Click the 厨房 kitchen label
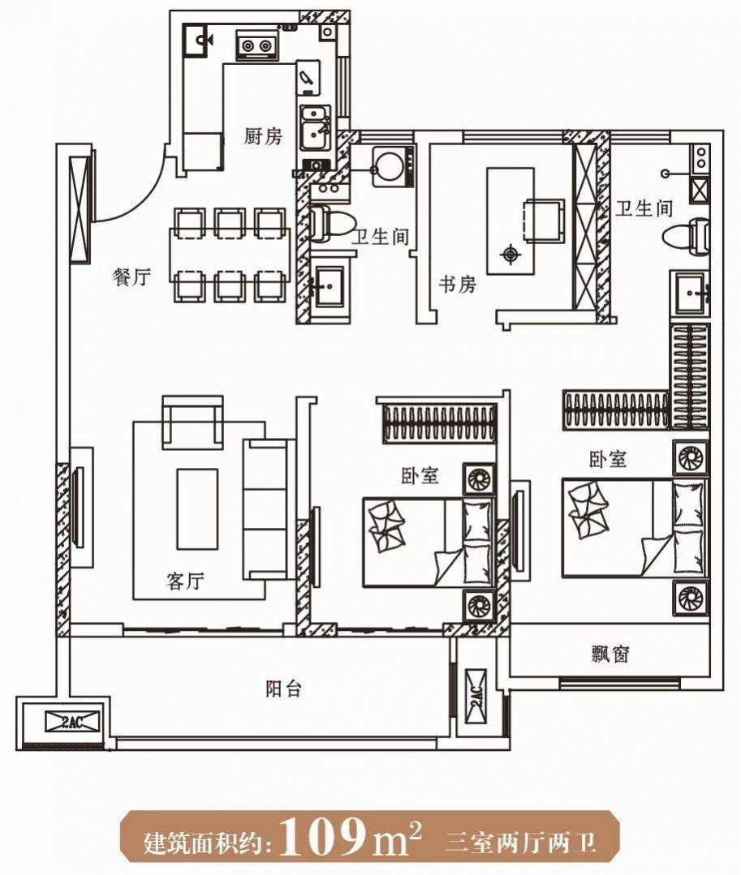[263, 136]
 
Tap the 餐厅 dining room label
[131, 277]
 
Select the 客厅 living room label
[185, 581]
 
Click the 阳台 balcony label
[284, 688]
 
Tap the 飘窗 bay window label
[610, 654]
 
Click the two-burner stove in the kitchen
[257, 45]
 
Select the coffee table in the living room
[197, 509]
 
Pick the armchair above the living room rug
[192, 422]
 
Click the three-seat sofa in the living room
[268, 509]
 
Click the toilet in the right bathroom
[687, 235]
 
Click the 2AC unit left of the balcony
[72, 722]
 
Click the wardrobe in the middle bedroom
[439, 423]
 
